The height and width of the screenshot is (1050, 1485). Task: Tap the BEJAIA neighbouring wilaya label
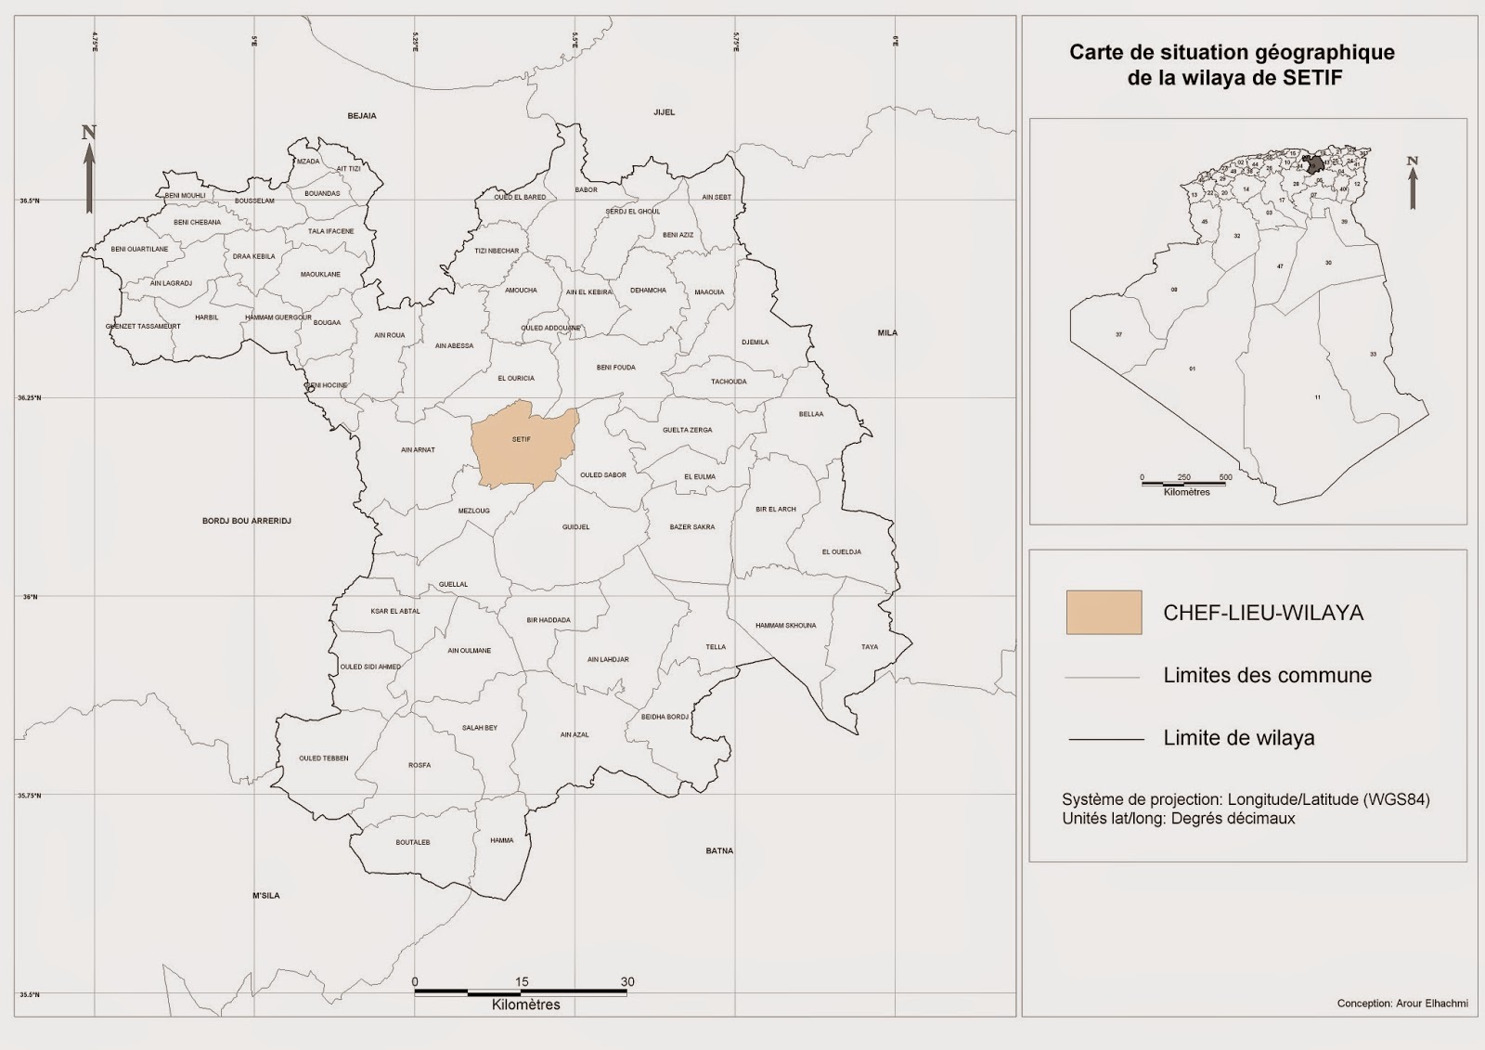click(362, 116)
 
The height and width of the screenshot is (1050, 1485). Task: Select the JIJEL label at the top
click(664, 112)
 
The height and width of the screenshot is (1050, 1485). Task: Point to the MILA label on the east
click(887, 332)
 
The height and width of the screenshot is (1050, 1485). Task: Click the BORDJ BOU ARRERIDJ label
click(247, 521)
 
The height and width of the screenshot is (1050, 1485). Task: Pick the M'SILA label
click(265, 895)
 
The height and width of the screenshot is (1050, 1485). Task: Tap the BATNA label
click(719, 850)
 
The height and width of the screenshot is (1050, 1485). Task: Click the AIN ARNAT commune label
click(418, 450)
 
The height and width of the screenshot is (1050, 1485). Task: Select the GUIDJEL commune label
click(575, 527)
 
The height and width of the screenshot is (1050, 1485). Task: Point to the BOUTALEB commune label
click(413, 842)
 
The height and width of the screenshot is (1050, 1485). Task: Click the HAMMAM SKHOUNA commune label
click(785, 626)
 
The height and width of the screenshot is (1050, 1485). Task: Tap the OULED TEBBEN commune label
click(323, 758)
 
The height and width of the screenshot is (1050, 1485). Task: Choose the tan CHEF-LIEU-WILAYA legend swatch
click(1104, 613)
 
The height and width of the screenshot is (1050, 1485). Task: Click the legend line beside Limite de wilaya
click(1105, 739)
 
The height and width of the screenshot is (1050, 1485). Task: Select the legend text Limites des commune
click(1267, 676)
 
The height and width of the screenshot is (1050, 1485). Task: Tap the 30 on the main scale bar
click(627, 981)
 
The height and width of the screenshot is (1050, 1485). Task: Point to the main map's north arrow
click(89, 172)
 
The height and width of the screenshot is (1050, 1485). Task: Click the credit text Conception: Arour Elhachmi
click(1401, 1004)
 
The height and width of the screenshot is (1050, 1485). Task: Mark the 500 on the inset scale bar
click(1225, 477)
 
